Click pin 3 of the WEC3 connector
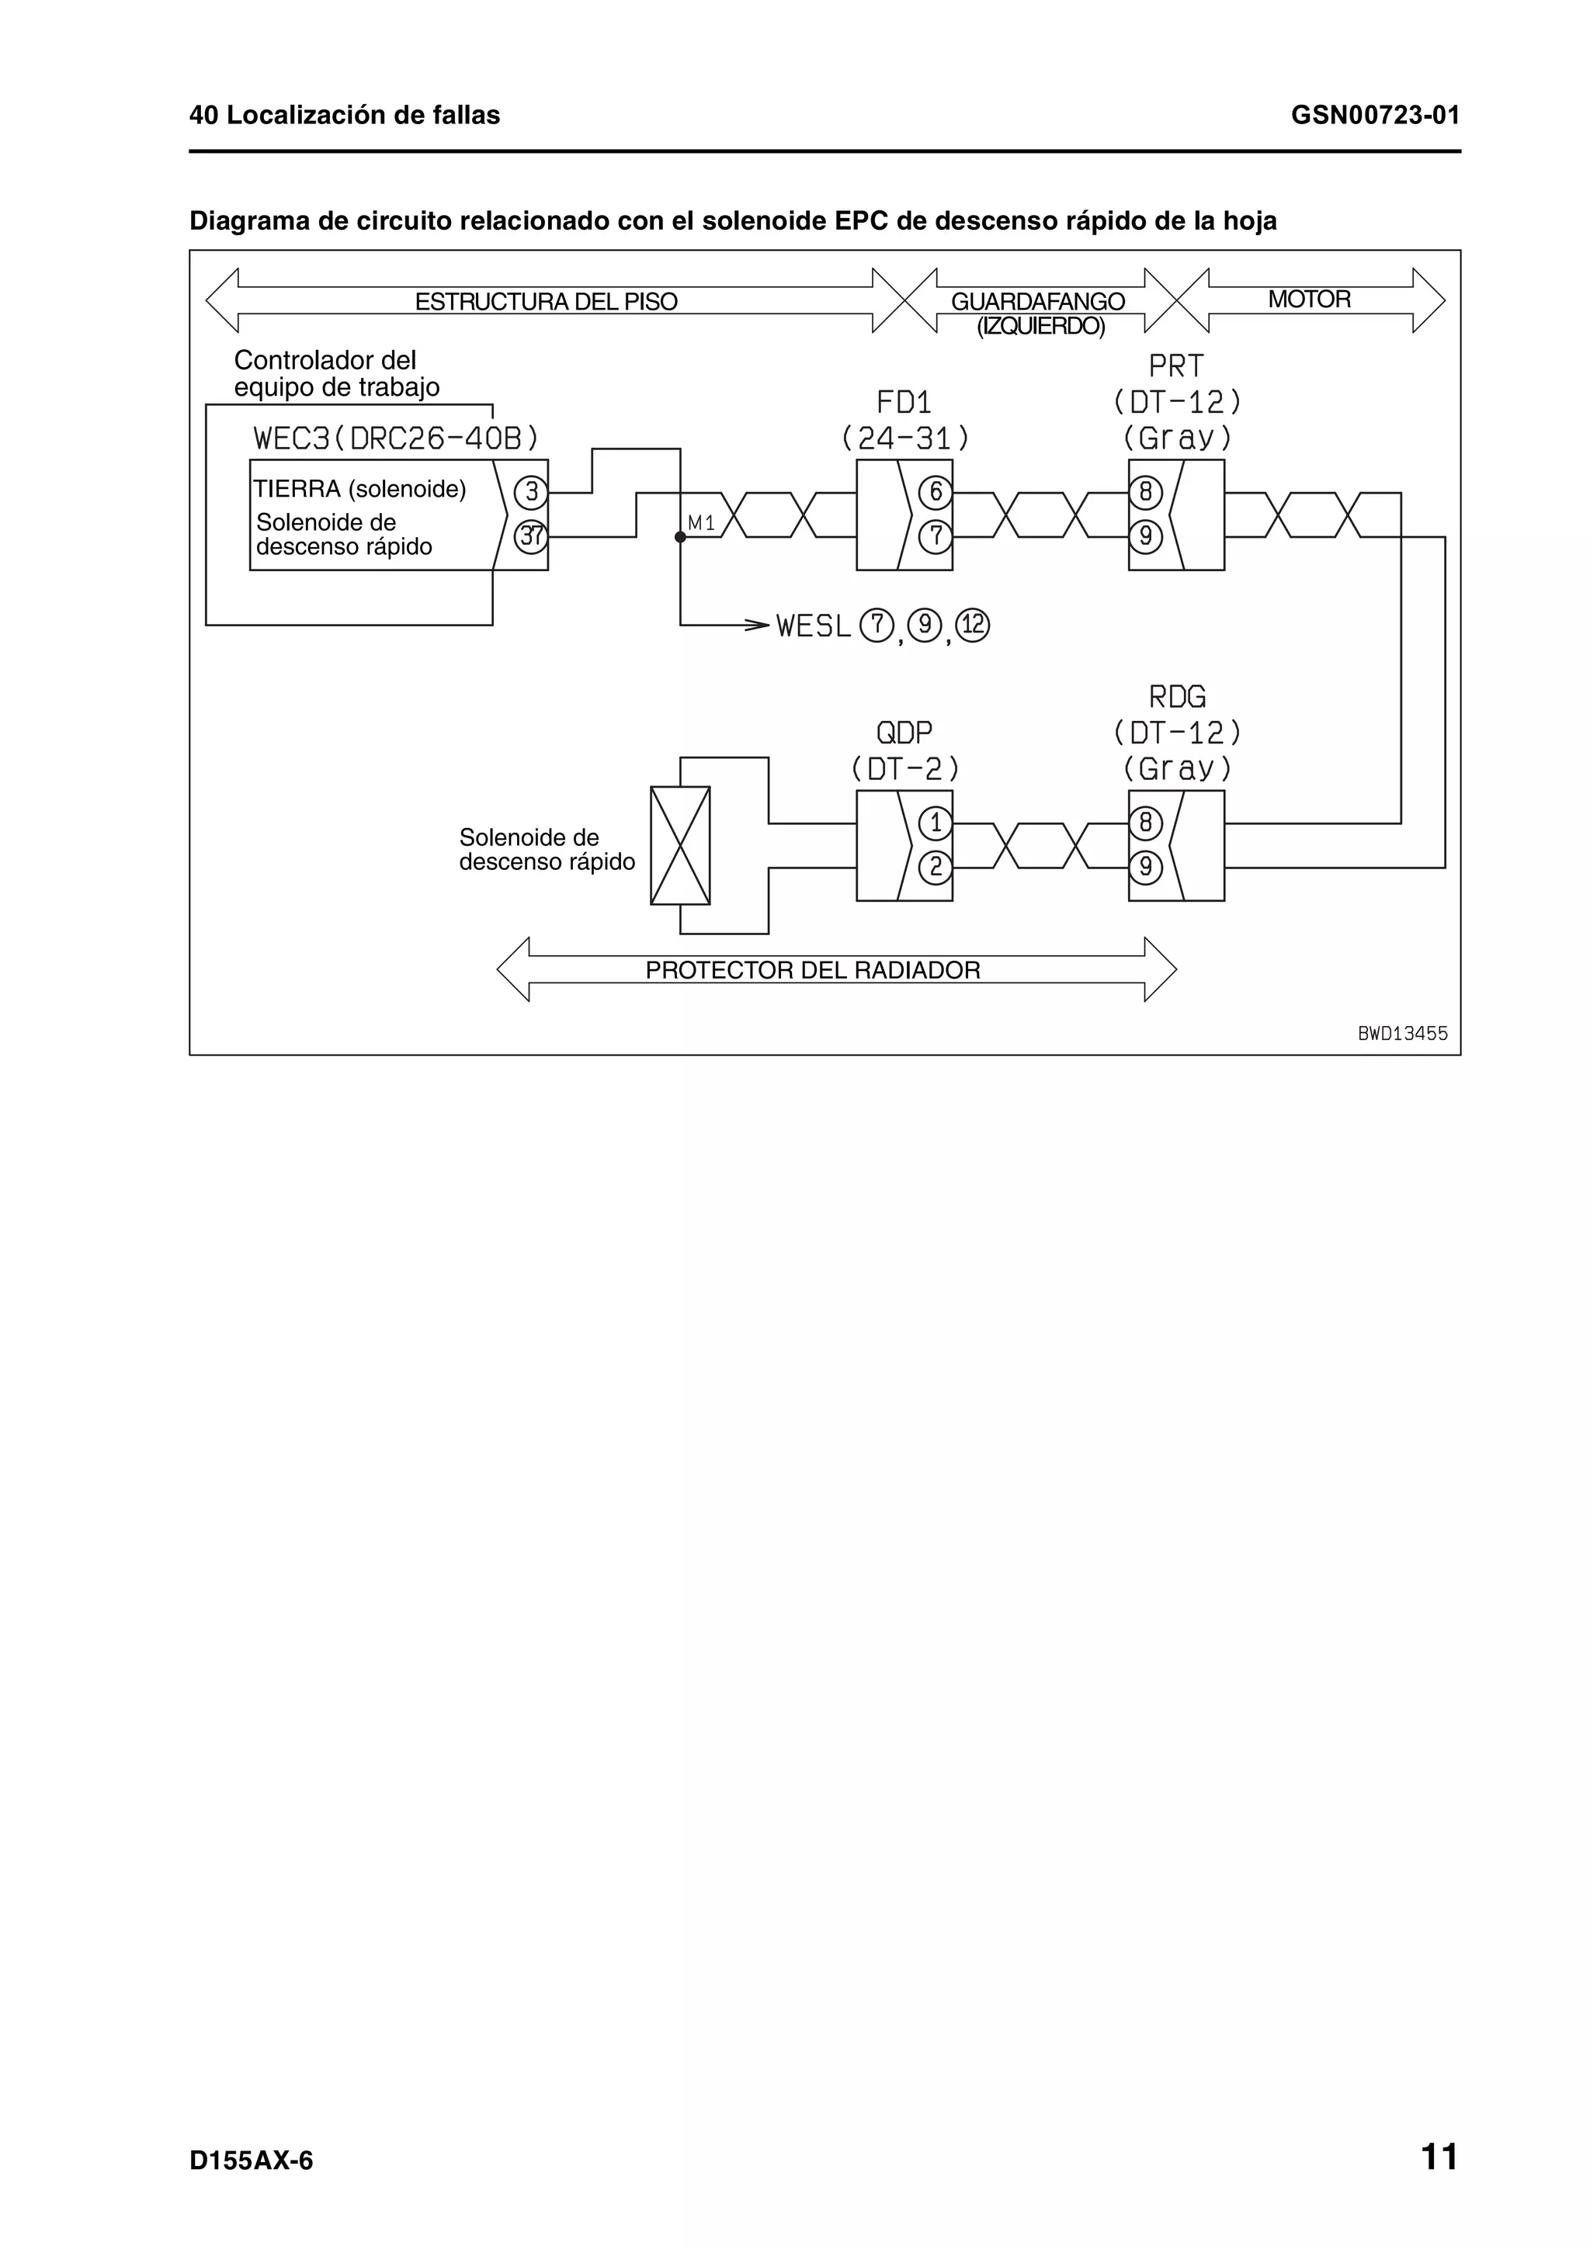coord(531,492)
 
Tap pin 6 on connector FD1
coord(936,492)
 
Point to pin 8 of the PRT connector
coord(1145,492)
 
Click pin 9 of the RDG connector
coord(1145,868)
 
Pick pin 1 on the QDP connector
coord(936,823)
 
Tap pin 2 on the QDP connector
coord(936,868)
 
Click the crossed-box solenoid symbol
coord(680,845)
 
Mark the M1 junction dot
coord(680,537)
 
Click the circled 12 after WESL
coord(973,625)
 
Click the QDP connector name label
coord(904,733)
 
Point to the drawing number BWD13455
coord(1402,1034)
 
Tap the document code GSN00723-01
coord(1374,116)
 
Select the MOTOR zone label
coord(1309,300)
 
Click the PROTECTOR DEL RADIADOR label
coord(812,970)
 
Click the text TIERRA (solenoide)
coord(359,489)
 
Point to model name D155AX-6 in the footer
coord(251,2162)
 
